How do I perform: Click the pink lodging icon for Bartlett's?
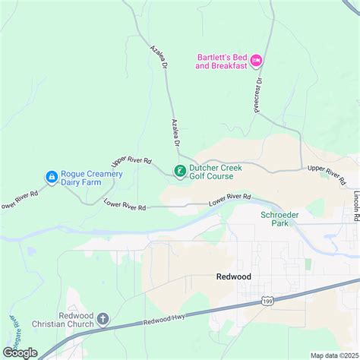tap(256, 60)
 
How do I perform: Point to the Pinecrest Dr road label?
tap(259, 90)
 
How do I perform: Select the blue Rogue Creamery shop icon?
tap(51, 178)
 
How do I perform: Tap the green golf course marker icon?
tap(180, 171)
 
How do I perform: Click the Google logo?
tap(20, 352)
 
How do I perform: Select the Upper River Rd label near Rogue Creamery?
tap(133, 160)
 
